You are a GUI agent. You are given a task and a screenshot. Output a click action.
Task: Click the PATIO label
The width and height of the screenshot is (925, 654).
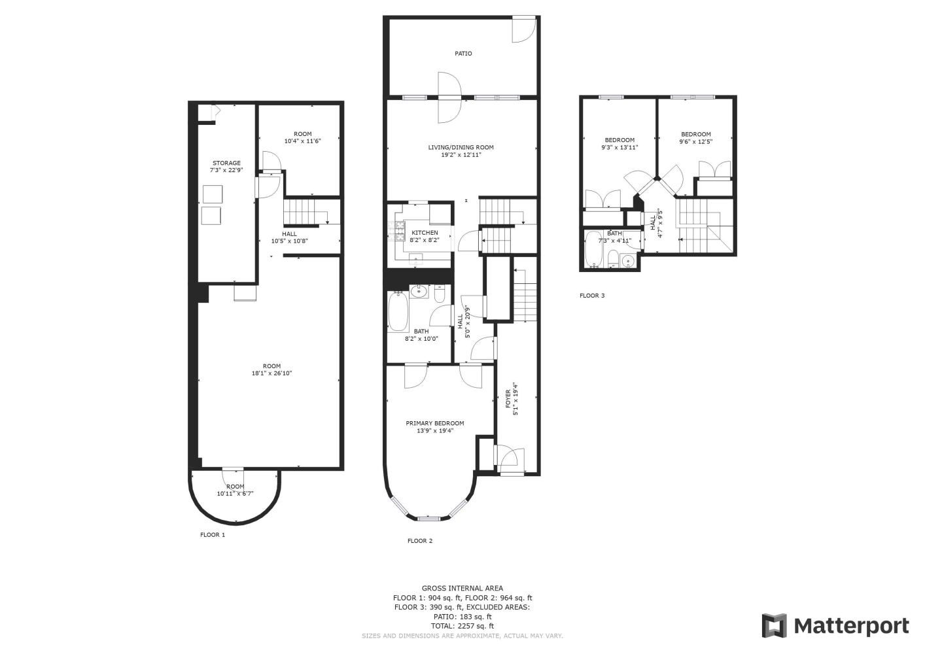tap(463, 54)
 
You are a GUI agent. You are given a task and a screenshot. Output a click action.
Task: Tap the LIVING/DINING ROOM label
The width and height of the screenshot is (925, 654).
tap(461, 147)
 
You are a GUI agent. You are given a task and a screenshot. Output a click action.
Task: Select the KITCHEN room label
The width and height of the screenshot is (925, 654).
tap(425, 233)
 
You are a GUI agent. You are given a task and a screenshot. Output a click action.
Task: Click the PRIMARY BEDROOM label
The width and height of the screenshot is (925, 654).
tap(435, 423)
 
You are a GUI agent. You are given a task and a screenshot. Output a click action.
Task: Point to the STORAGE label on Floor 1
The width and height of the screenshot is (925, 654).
tap(226, 163)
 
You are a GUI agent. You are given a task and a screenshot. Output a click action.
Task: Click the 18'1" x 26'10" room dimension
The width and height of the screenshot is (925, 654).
tap(271, 373)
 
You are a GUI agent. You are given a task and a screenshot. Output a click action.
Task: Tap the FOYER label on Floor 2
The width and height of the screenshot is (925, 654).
tap(508, 399)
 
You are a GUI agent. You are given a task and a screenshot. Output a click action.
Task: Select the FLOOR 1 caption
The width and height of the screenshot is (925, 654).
tap(213, 535)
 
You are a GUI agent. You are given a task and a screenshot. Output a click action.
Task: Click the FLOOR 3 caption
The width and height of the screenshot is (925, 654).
tap(592, 296)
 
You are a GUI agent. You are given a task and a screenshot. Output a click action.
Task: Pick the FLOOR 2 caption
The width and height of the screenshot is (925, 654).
tap(420, 541)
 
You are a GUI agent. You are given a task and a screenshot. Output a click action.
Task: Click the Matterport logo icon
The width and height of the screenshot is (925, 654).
tap(775, 625)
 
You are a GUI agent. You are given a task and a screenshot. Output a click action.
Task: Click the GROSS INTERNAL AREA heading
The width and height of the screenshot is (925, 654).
tap(462, 589)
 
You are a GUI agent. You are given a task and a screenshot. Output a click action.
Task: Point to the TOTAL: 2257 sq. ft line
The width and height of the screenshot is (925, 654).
tap(462, 626)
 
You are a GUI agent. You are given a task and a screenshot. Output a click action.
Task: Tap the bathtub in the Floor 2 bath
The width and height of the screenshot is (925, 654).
tap(398, 312)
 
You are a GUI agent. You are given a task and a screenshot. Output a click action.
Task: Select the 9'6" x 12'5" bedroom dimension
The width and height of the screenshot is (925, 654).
tap(696, 142)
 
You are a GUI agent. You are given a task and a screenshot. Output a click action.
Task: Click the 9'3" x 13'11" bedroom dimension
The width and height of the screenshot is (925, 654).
tap(620, 147)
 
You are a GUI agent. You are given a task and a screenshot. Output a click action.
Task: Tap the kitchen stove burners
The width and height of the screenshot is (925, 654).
tap(393, 232)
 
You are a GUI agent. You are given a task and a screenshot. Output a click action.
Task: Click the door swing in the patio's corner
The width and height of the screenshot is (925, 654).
tap(524, 30)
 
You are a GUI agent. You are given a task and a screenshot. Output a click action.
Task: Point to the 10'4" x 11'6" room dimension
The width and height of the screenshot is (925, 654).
tap(303, 141)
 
